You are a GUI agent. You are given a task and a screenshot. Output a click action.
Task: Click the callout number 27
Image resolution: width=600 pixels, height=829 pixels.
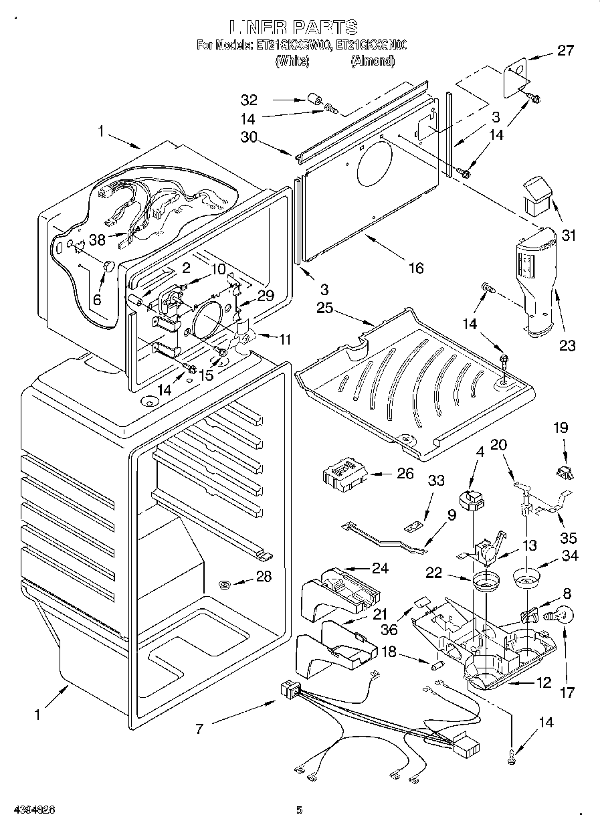click(x=566, y=51)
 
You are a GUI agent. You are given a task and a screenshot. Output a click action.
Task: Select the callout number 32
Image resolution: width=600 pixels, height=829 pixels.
click(x=249, y=100)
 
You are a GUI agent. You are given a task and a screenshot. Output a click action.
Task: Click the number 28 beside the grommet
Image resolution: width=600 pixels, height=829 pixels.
click(x=264, y=576)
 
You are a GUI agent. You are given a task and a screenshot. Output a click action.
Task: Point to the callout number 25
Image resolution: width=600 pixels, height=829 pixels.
click(x=324, y=308)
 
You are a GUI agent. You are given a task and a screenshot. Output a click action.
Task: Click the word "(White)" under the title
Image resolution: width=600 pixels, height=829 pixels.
click(x=292, y=61)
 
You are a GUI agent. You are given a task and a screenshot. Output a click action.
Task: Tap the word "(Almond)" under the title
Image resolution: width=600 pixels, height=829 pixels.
click(x=373, y=61)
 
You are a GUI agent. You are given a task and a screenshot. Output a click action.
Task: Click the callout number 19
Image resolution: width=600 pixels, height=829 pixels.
click(x=561, y=426)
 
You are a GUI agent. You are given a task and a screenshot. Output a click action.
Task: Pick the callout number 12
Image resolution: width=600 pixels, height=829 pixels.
click(x=544, y=684)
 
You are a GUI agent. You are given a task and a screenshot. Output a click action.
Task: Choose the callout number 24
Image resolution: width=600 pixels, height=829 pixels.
click(x=380, y=569)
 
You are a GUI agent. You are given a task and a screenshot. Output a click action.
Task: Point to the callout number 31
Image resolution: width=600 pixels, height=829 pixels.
click(x=569, y=236)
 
